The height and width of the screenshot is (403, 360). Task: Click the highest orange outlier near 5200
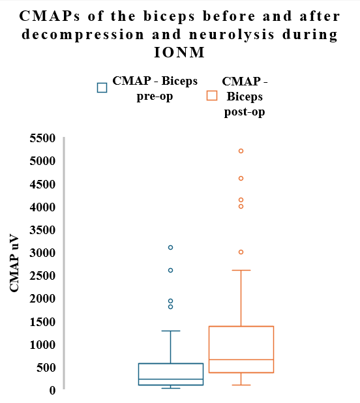click(241, 151)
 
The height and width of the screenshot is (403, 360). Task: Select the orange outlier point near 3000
click(241, 252)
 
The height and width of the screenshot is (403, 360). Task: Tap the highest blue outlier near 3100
click(170, 247)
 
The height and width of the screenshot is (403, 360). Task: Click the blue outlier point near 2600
click(170, 270)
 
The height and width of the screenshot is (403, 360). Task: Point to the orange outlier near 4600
click(241, 178)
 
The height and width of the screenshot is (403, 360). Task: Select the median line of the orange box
click(241, 359)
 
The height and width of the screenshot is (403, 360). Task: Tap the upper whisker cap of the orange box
click(241, 270)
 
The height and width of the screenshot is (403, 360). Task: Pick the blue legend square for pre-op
click(102, 87)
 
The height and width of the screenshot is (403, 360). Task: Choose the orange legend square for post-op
click(211, 96)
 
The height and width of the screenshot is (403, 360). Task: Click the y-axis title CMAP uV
click(15, 263)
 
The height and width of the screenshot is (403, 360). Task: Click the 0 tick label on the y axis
click(52, 390)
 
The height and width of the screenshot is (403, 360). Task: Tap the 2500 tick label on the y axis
click(42, 276)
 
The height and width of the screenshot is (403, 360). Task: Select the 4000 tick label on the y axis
click(42, 207)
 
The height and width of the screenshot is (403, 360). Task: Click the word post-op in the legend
click(245, 112)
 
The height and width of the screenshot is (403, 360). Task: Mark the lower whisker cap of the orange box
click(241, 385)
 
